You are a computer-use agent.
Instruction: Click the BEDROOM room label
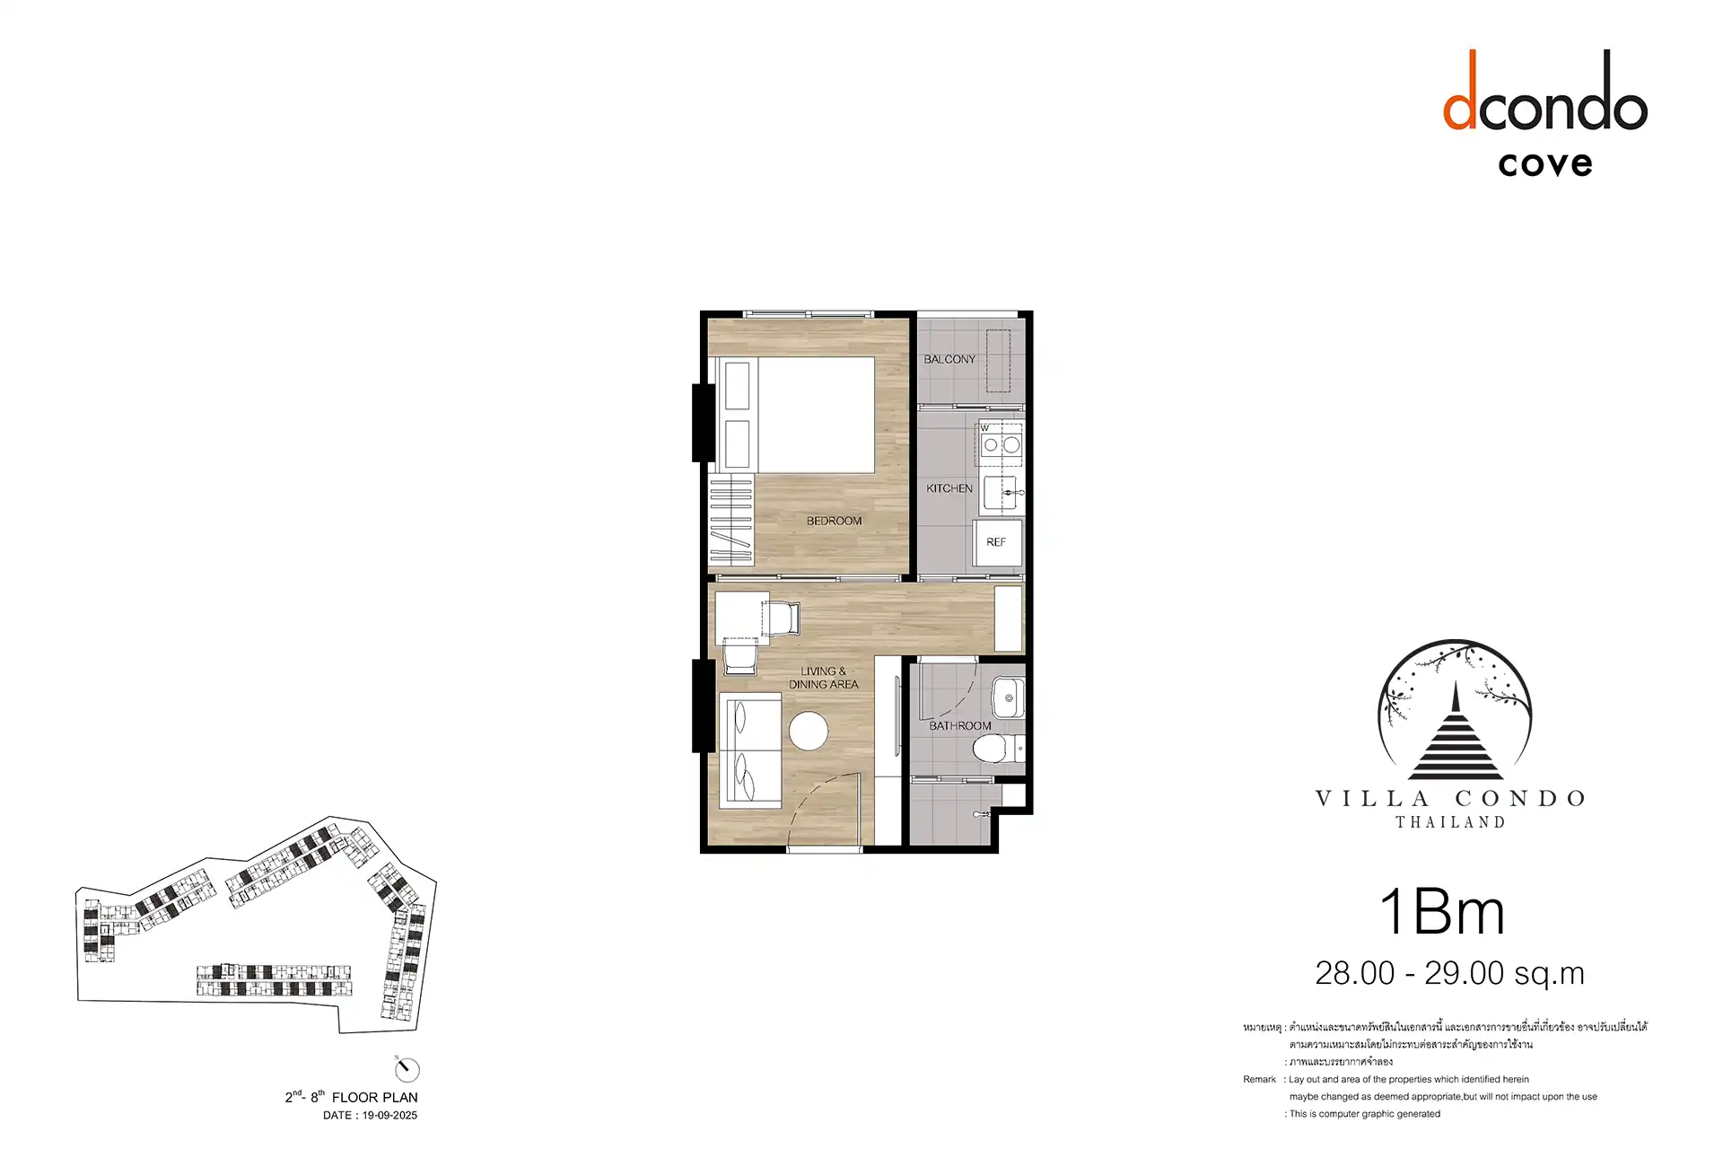(x=834, y=521)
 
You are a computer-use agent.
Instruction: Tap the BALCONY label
(x=949, y=359)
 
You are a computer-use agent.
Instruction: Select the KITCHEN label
(x=949, y=488)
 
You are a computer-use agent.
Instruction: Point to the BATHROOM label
(x=960, y=725)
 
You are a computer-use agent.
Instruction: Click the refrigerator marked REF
(x=998, y=543)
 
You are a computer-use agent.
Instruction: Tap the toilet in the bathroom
(x=997, y=748)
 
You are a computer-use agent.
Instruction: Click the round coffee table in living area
(x=809, y=731)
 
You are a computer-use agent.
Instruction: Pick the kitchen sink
(x=1001, y=493)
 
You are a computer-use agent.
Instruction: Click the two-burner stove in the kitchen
(x=1001, y=444)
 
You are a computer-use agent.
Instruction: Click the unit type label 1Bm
(x=1442, y=913)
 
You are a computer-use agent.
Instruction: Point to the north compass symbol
(x=407, y=1069)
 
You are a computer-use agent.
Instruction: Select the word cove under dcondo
(x=1545, y=164)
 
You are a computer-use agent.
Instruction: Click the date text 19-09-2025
(x=389, y=1116)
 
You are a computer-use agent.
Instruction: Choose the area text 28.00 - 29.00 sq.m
(x=1449, y=973)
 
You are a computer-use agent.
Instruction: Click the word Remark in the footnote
(x=1259, y=1079)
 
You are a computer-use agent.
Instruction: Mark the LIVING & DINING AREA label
(x=824, y=678)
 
